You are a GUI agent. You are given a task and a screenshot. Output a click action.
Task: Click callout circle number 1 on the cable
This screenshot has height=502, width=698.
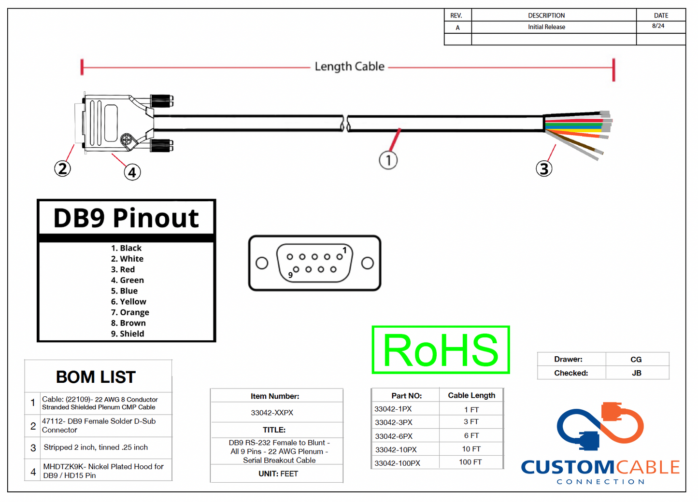click(388, 160)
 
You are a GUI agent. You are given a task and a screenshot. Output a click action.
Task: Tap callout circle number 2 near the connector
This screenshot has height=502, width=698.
click(62, 168)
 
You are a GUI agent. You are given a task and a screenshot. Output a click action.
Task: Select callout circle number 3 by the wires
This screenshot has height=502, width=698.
click(544, 168)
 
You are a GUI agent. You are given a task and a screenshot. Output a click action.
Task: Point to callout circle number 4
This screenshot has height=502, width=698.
click(132, 172)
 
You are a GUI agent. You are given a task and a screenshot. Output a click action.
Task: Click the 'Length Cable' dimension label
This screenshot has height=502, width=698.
click(349, 67)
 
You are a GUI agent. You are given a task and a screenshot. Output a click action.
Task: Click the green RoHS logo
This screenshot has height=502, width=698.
click(441, 350)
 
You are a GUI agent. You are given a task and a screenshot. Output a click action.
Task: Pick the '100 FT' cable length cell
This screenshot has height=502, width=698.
click(470, 462)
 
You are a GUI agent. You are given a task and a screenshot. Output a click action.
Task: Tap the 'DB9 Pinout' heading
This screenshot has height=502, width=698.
click(126, 218)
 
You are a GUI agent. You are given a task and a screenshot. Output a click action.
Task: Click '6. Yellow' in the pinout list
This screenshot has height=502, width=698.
click(128, 302)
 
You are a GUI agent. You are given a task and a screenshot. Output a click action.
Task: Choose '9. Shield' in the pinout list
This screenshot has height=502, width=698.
click(128, 334)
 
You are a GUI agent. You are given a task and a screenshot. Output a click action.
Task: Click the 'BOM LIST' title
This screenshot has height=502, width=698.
click(96, 377)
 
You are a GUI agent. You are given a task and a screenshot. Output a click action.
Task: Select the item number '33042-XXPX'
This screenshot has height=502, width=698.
click(272, 413)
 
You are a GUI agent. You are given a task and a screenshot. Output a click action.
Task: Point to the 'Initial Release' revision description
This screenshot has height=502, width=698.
click(546, 27)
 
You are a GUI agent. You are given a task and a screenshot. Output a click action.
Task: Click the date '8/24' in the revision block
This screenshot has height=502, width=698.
click(658, 26)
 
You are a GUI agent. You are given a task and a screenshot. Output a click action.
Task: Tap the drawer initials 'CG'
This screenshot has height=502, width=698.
click(636, 360)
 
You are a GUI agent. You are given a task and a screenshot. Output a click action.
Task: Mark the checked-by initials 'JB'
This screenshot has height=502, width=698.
click(637, 373)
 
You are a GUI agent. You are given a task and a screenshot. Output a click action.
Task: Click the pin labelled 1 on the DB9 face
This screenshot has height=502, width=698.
click(340, 256)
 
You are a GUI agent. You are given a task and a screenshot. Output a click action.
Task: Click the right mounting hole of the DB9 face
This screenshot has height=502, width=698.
click(368, 263)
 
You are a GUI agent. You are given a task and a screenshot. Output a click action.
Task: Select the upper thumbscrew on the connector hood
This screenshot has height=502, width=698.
click(162, 101)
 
